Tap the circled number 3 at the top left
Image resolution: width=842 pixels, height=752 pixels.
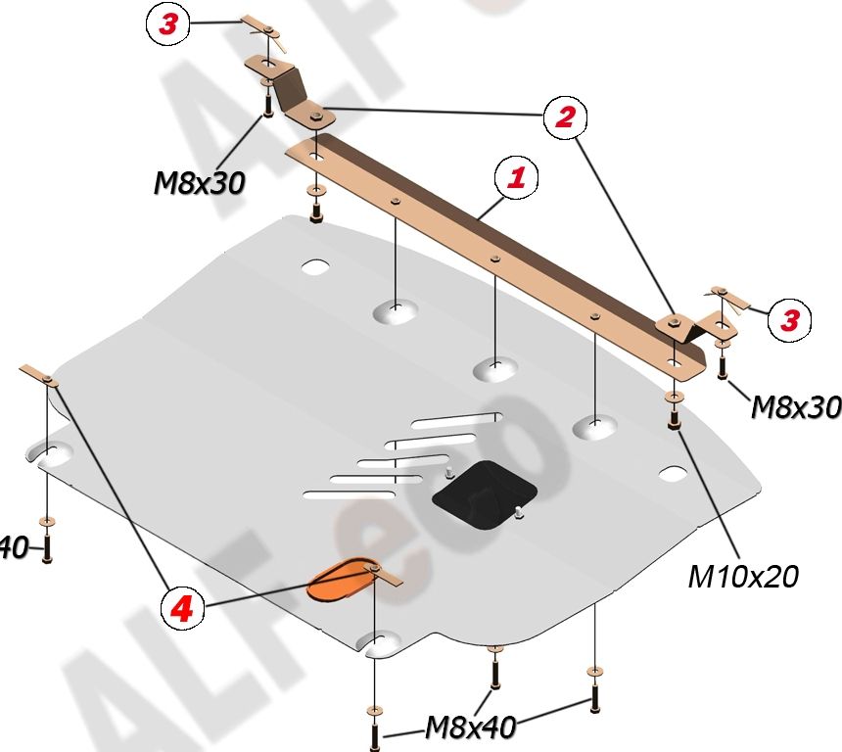(167, 24)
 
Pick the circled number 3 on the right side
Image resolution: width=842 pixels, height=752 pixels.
(789, 318)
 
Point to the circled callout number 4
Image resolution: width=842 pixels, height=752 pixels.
(183, 610)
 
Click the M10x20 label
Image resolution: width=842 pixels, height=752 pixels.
(743, 576)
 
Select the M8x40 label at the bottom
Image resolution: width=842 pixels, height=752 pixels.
(470, 727)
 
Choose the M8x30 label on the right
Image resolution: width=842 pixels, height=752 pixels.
(795, 406)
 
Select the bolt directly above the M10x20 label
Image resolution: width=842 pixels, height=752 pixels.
(674, 418)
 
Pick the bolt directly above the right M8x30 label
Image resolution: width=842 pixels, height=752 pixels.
(722, 365)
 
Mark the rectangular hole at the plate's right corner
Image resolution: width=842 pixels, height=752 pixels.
(673, 474)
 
